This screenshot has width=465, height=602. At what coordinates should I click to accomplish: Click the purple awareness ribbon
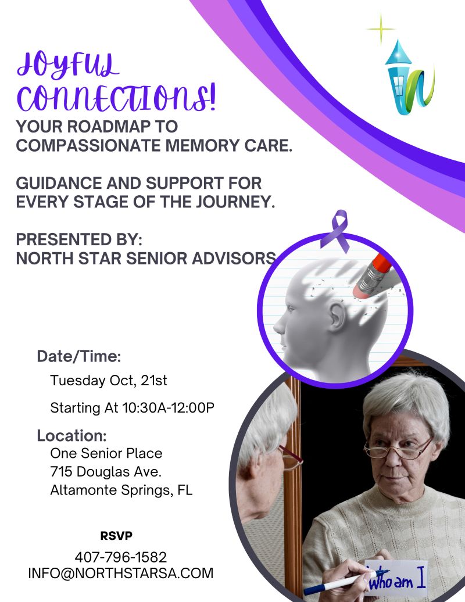point(335,230)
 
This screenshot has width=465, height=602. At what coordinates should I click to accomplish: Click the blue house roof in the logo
point(398,53)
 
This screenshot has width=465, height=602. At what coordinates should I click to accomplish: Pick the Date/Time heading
point(79,356)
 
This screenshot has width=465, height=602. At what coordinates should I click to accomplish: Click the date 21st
point(154,381)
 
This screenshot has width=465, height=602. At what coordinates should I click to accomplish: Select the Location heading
point(72,436)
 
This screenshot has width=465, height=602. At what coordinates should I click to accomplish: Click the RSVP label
point(116,536)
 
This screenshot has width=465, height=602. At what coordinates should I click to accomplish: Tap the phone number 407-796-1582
point(120,557)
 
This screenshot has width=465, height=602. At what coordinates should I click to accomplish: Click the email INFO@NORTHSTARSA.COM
point(120,573)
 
